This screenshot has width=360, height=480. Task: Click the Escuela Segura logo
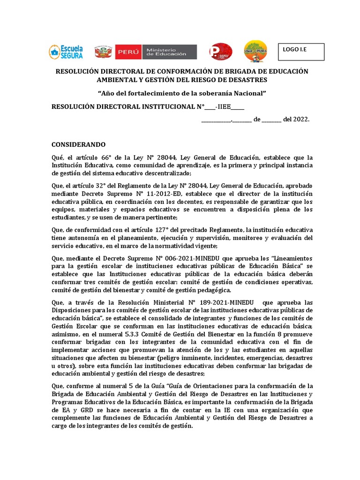point(66,52)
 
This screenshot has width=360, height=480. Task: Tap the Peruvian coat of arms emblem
point(103,52)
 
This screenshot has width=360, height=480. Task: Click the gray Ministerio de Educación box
point(170,52)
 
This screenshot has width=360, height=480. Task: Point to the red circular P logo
point(220,52)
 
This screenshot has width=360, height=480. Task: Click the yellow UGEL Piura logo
point(255,52)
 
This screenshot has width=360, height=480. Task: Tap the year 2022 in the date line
point(301,120)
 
